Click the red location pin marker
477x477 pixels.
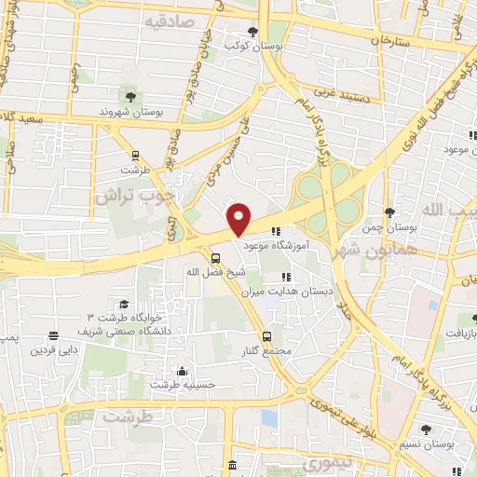[239, 219]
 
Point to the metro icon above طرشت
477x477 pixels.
[136, 156]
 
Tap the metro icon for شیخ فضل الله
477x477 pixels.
[216, 258]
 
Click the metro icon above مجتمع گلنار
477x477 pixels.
[267, 335]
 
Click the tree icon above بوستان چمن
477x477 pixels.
[389, 213]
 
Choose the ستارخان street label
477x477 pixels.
[390, 41]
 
